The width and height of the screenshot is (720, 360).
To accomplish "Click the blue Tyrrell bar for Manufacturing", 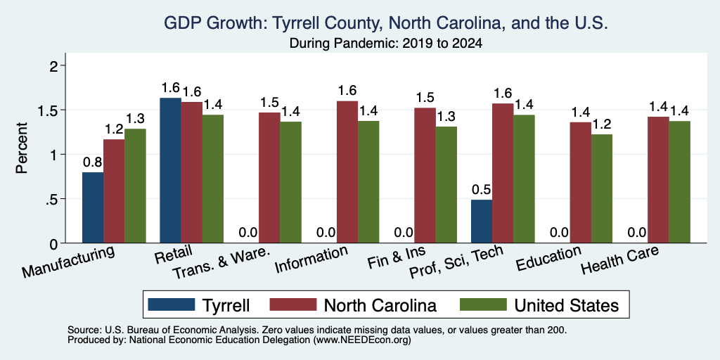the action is pyautogui.click(x=93, y=207).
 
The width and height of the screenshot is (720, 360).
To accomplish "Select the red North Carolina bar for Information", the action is pyautogui.click(x=347, y=172).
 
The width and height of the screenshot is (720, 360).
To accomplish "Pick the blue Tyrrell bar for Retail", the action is pyautogui.click(x=170, y=170).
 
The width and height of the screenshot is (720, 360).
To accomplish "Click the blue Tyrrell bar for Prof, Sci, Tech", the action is pyautogui.click(x=482, y=221).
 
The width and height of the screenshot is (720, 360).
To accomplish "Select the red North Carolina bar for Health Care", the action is pyautogui.click(x=658, y=180).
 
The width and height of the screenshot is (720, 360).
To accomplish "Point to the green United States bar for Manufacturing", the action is pyautogui.click(x=135, y=186).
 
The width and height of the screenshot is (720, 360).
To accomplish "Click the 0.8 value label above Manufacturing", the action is pyautogui.click(x=92, y=162).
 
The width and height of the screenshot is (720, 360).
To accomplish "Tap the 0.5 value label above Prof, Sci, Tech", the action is pyautogui.click(x=482, y=190).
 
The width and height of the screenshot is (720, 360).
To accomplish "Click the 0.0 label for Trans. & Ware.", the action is pyautogui.click(x=248, y=233).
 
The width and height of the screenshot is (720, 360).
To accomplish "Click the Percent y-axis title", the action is pyautogui.click(x=22, y=148).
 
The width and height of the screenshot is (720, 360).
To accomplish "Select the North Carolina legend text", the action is pyautogui.click(x=380, y=305).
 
